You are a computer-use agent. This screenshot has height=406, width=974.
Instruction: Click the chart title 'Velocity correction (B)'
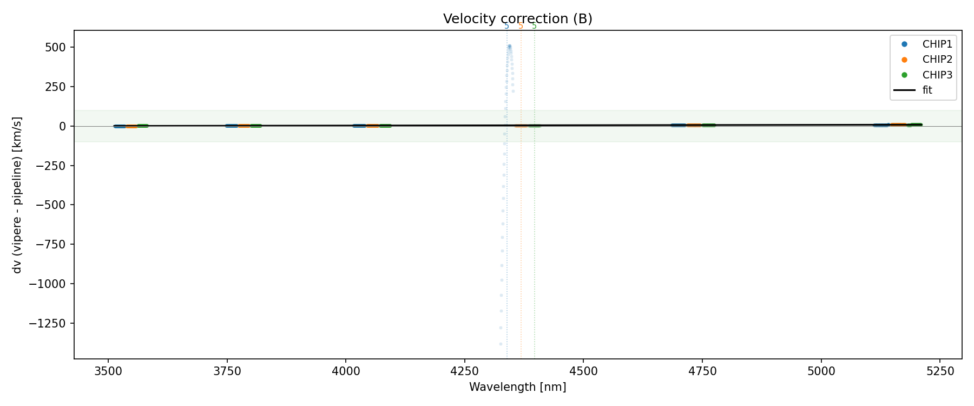click(517, 19)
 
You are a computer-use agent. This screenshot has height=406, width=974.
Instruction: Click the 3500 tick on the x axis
click(108, 371)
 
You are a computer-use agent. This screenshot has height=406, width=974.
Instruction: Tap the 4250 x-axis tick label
click(464, 371)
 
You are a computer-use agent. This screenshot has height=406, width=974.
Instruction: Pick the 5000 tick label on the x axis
click(821, 371)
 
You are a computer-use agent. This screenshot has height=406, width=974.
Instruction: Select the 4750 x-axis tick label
click(702, 371)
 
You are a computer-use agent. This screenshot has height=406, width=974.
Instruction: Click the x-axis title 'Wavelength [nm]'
click(517, 387)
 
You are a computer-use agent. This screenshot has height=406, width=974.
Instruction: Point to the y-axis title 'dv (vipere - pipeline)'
click(17, 195)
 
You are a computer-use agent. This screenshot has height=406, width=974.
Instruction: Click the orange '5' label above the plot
click(521, 26)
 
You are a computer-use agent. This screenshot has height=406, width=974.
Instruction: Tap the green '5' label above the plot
click(534, 26)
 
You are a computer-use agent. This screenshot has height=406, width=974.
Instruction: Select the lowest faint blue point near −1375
click(501, 344)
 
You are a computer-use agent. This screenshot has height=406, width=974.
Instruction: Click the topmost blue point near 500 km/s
click(509, 46)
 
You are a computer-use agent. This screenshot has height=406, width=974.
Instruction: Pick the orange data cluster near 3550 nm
click(131, 126)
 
